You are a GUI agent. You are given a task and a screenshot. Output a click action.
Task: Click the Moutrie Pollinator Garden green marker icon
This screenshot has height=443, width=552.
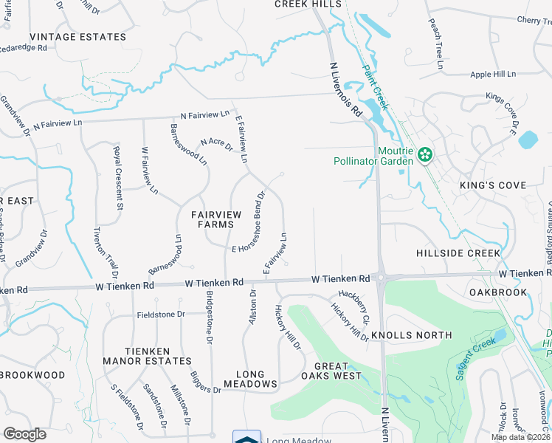[424, 155]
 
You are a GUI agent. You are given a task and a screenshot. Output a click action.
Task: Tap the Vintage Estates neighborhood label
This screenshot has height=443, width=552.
[77, 36]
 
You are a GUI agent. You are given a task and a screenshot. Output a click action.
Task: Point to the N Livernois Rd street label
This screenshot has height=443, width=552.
[345, 89]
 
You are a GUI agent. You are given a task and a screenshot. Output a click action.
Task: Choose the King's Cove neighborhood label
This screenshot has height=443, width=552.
[492, 185]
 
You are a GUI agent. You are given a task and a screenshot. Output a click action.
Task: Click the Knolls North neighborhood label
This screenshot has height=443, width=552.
[411, 335]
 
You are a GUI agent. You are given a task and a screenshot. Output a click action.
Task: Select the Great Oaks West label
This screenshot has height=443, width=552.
[338, 371]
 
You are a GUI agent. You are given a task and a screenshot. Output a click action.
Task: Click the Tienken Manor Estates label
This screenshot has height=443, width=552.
[148, 356]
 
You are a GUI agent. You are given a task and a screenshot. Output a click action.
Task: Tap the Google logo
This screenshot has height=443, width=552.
[25, 433]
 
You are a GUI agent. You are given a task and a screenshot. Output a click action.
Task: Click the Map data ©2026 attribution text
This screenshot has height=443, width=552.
[521, 437]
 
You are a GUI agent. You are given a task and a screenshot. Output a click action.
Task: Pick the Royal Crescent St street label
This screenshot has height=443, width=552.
[117, 178]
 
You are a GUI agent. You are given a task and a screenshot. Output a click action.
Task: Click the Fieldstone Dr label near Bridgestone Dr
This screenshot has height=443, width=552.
[160, 315]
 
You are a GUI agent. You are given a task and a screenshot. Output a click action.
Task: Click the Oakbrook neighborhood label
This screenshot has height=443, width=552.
[498, 292]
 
